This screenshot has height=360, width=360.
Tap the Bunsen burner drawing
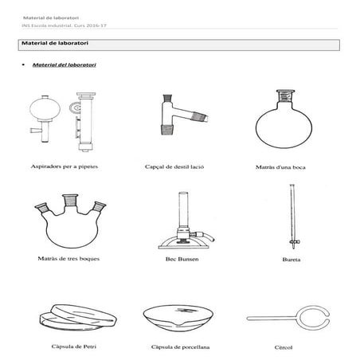pyautogui.click(x=184, y=223)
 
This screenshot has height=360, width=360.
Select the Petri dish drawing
pyautogui.click(x=69, y=317)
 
